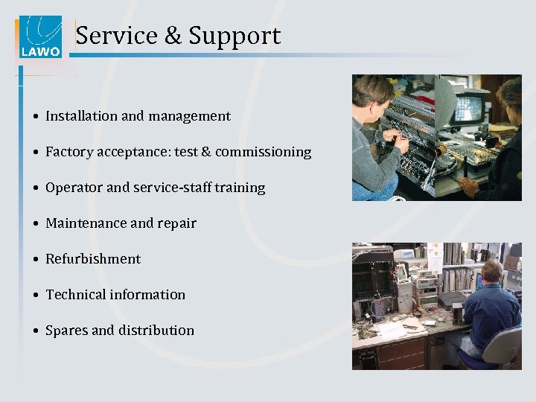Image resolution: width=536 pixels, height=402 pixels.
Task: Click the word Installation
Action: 81,116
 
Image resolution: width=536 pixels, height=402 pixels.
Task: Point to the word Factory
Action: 68,152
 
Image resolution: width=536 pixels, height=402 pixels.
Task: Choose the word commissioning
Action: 263,152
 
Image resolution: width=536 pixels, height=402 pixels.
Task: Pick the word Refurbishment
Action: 93,259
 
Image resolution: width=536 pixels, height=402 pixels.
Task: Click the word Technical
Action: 76,295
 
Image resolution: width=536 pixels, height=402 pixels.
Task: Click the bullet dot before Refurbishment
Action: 36,260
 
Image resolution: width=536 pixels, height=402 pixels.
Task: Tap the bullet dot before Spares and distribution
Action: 36,331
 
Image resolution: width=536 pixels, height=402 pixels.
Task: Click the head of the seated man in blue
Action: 494,272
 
